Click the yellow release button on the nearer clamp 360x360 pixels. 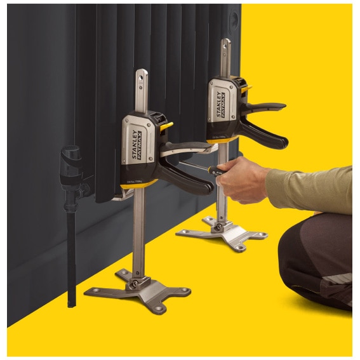tap(166, 127)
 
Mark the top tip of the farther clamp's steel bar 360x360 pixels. tap(225, 43)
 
